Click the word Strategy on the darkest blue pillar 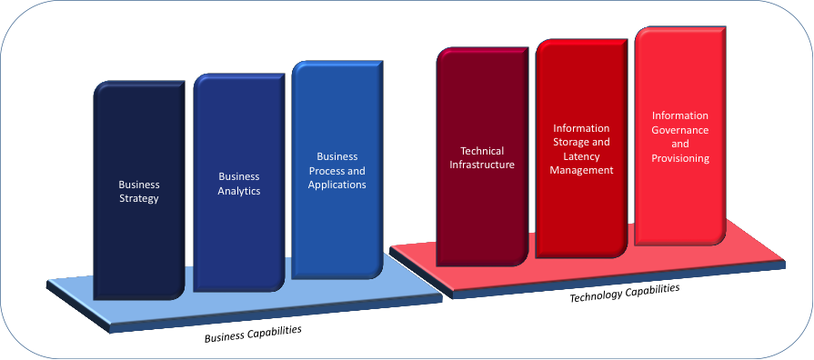(139, 198)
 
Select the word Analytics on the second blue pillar (239, 191)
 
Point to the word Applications (337, 185)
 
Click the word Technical (482, 150)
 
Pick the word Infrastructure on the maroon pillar (482, 165)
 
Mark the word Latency (581, 156)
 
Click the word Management (581, 170)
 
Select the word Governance (680, 130)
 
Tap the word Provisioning (680, 158)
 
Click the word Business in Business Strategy (139, 184)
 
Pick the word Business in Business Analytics (239, 176)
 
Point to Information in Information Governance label (680, 115)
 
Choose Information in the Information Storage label (581, 128)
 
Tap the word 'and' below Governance (680, 144)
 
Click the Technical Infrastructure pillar (482, 218)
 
